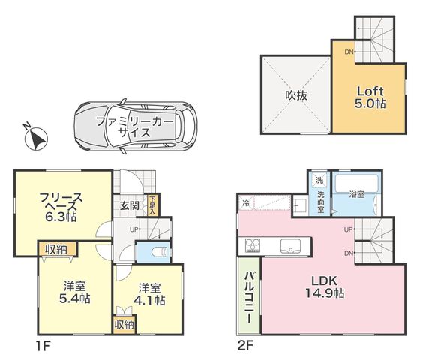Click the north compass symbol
pos(37,139)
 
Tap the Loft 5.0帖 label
pos(370,97)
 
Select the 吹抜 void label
pos(296,95)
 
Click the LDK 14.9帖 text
pos(325,286)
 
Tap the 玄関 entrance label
pos(130,205)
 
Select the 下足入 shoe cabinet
pos(152,205)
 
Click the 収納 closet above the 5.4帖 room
pos(56,249)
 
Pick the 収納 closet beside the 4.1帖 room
pos(124,325)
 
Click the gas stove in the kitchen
pos(253,245)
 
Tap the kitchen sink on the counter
pos(290,245)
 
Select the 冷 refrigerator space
pos(247,203)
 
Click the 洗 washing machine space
pos(319,180)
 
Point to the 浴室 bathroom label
pos(356,195)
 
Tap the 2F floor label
pos(244,346)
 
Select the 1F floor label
pos(43,346)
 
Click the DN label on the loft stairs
pos(349,52)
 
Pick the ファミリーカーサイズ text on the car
pos(135,127)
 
